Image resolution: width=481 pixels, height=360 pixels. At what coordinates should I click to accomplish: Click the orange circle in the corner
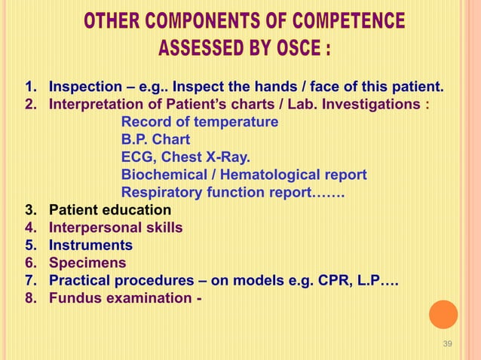443,315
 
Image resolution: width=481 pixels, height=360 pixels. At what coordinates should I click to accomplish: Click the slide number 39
447,344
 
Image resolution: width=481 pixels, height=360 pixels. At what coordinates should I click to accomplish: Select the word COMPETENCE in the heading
341,21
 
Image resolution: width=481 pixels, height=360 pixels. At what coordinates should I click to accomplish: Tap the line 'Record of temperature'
200,122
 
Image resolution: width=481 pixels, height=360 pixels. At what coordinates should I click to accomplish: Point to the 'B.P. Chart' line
155,140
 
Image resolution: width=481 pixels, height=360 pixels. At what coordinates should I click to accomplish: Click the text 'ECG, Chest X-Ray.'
185,157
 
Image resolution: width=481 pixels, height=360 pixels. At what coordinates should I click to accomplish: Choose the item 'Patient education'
110,210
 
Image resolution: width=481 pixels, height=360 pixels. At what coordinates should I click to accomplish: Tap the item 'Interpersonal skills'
115,227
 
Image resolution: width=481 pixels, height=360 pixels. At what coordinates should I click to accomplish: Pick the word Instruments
90,246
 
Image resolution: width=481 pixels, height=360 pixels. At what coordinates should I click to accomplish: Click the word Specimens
87,264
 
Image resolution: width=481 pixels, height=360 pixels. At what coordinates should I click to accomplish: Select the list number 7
30,281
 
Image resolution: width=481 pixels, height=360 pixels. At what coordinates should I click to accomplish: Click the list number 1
30,87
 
